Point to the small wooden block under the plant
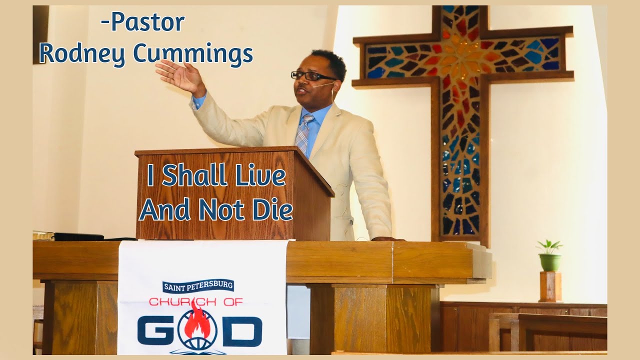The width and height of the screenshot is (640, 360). (x=550, y=286)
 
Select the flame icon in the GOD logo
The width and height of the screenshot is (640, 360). (x=199, y=322)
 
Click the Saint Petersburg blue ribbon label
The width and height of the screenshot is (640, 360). (x=198, y=286)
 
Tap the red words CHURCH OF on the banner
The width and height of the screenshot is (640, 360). (x=196, y=301)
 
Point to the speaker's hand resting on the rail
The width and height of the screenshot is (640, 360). (x=385, y=239)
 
